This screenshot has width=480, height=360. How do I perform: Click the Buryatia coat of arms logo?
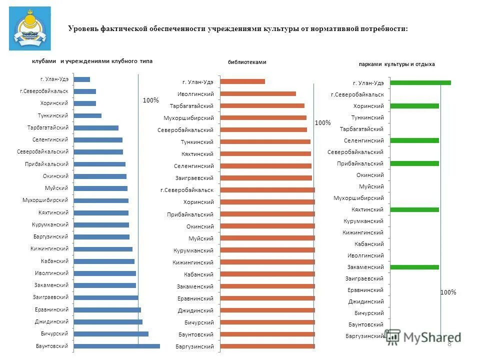pyautogui.click(x=30, y=28)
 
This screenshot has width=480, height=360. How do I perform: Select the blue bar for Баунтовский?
pyautogui.click(x=116, y=345)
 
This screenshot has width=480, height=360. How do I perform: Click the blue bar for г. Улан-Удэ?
pyautogui.click(x=82, y=79)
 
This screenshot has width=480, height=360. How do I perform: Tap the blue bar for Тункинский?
pyautogui.click(x=87, y=115)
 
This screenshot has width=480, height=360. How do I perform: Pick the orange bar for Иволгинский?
pyautogui.click(x=258, y=93)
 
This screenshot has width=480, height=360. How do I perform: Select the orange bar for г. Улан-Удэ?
pyautogui.click(x=242, y=81)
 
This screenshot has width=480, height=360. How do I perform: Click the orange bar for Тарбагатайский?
pyautogui.click(x=262, y=105)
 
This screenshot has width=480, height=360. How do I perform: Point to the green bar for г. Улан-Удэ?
pyautogui.click(x=420, y=82)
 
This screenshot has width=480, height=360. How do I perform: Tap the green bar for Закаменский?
pyautogui.click(x=414, y=267)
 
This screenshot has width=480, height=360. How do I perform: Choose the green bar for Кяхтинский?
pyautogui.click(x=414, y=209)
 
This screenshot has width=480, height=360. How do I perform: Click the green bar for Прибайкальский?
pyautogui.click(x=414, y=163)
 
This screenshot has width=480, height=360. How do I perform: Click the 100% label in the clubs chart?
pyautogui.click(x=150, y=100)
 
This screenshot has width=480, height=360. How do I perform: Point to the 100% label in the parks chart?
pyautogui.click(x=448, y=292)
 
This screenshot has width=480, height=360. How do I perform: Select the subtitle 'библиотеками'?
pyautogui.click(x=247, y=62)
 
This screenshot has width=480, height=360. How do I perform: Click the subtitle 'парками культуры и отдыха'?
pyautogui.click(x=396, y=64)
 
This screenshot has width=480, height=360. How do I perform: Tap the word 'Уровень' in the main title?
pyautogui.click(x=82, y=28)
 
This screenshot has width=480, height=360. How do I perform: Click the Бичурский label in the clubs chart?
pyautogui.click(x=54, y=333)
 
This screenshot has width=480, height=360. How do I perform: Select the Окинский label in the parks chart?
pyautogui.click(x=370, y=175)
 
